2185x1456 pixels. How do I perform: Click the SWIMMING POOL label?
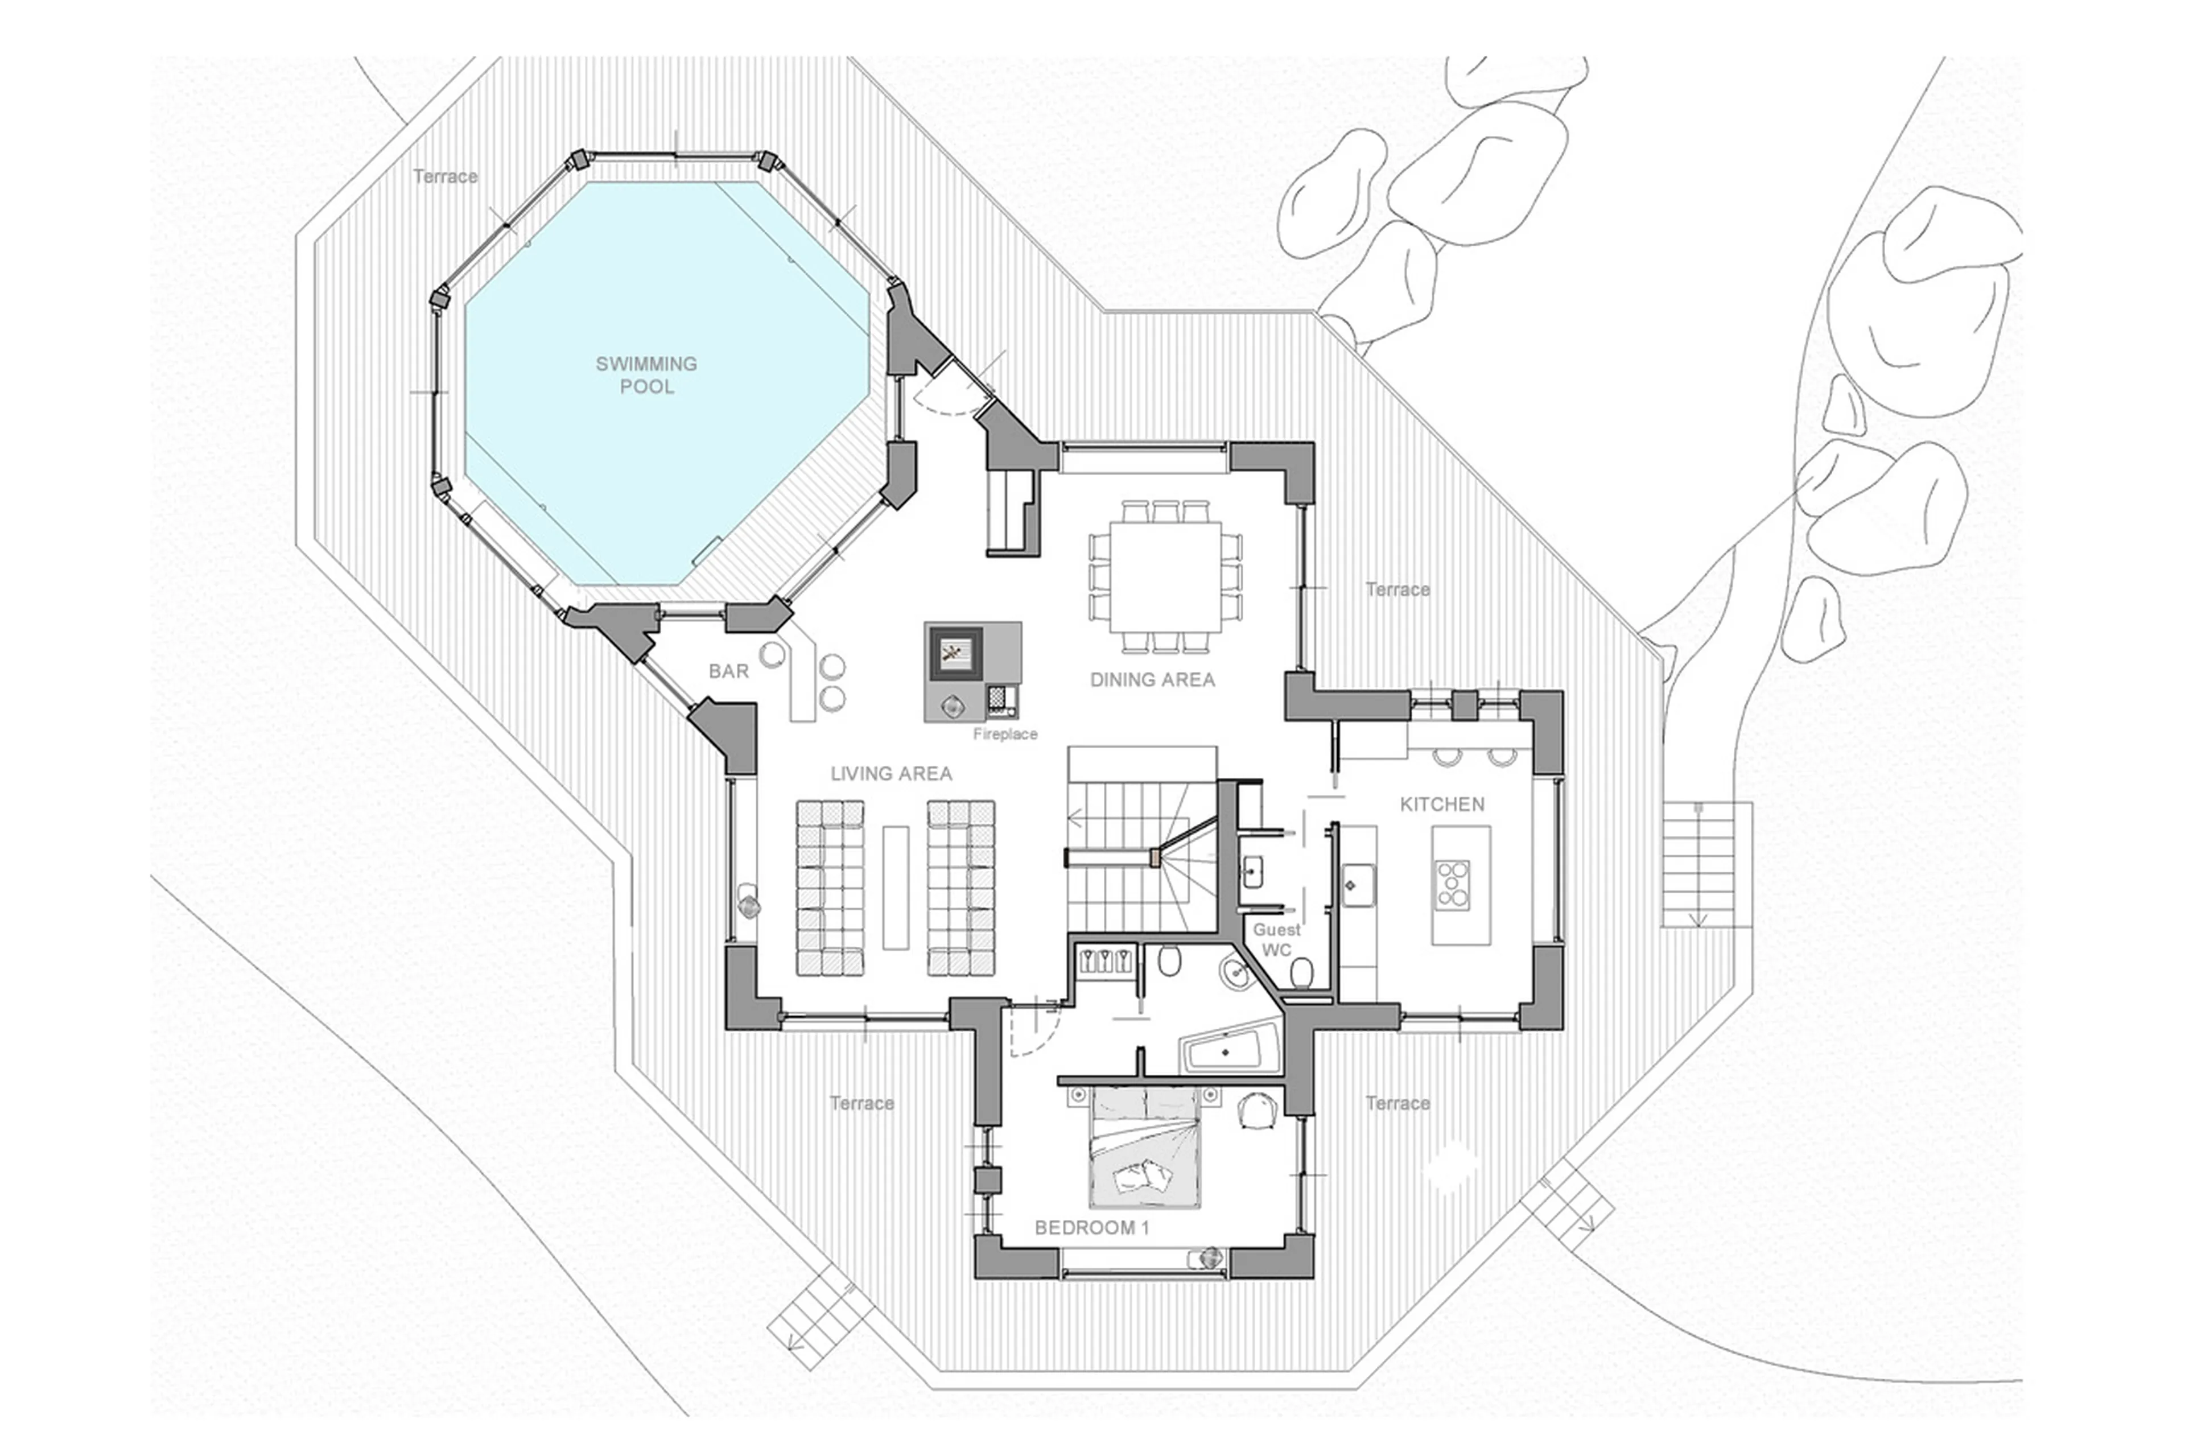click(x=646, y=375)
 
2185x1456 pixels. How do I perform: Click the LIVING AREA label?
click(x=891, y=773)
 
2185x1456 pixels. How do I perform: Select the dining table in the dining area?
click(x=1164, y=576)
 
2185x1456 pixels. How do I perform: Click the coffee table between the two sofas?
click(x=895, y=887)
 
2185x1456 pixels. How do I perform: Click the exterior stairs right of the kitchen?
click(x=1697, y=864)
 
